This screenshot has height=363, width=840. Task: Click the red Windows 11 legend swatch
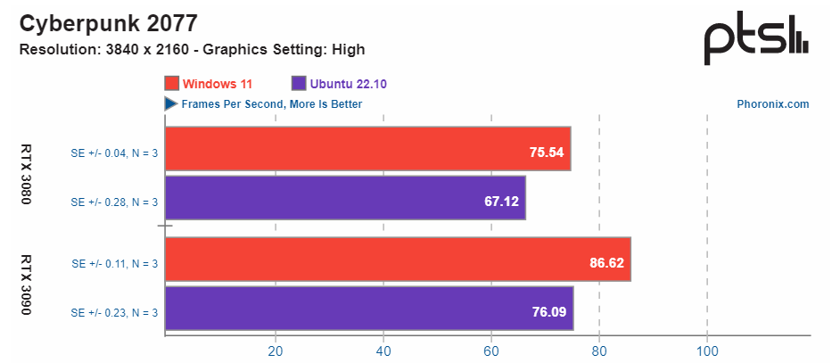172,84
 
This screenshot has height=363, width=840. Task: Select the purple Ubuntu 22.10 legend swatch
299,84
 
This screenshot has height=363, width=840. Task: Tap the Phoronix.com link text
773,104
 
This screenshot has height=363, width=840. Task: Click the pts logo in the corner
756,39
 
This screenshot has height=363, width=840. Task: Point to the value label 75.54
547,153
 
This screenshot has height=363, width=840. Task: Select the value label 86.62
607,264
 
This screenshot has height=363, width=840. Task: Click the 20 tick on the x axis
276,351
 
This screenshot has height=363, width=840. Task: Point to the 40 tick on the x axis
383,351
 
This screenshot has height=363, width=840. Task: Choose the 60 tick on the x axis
491,351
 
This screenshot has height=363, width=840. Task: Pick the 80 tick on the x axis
599,351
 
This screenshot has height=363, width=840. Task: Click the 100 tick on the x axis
707,351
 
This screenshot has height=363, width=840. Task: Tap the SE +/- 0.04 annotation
114,153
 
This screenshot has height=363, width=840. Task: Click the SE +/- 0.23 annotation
114,312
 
